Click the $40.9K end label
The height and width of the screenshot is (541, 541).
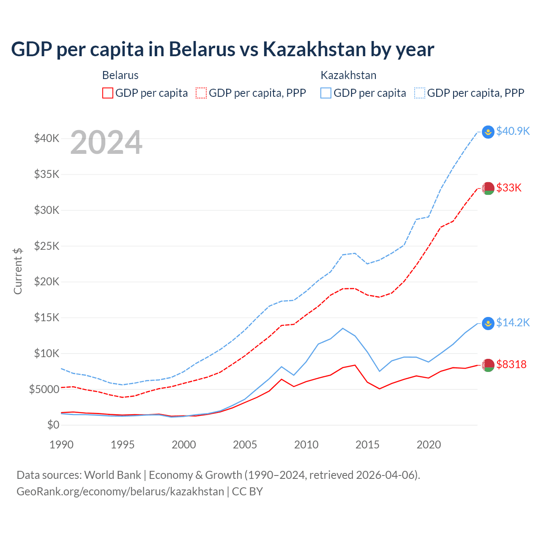pos(513,131)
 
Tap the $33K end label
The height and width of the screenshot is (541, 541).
pos(509,188)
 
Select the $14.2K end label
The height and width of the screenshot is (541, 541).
pos(513,322)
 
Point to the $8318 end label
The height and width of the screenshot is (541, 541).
pos(511,364)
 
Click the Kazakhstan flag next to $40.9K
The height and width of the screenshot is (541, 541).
pos(488,132)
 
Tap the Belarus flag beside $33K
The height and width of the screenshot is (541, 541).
pos(488,188)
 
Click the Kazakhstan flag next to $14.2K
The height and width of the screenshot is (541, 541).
pos(488,323)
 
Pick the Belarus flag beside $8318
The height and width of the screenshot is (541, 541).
pos(488,365)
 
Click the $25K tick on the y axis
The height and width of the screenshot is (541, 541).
pos(46,246)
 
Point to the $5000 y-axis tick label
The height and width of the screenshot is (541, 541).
pos(44,389)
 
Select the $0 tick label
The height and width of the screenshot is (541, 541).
pos(53,425)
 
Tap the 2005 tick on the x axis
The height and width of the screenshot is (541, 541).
pos(245,445)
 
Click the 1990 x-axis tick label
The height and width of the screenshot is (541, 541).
pos(62,445)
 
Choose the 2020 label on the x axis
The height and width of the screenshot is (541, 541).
pos(429,445)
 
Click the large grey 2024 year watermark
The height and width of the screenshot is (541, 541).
pos(106,142)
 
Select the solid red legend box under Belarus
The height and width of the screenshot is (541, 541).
pos(108,93)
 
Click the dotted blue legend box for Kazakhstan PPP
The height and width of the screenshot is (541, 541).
pos(420,93)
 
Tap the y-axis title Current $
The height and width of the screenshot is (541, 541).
pos(18,271)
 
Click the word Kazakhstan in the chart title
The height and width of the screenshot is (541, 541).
pos(314,49)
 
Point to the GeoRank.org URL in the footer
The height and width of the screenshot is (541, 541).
pos(120,492)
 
